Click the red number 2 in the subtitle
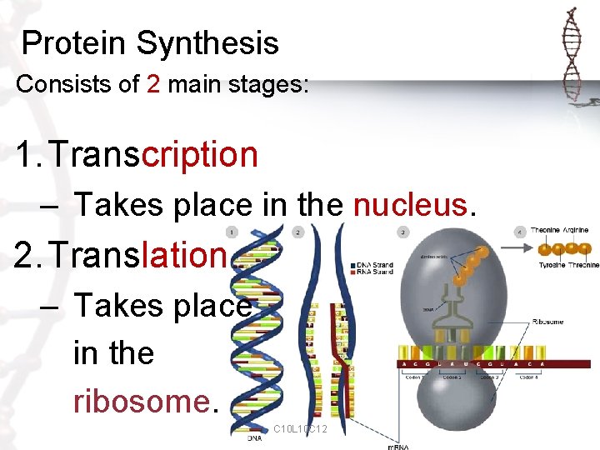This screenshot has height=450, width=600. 152,84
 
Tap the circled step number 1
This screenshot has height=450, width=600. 232,232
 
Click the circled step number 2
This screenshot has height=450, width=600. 297,232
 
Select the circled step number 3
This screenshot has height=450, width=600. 402,232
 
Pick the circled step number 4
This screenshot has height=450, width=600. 520,232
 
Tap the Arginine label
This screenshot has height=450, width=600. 575,230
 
